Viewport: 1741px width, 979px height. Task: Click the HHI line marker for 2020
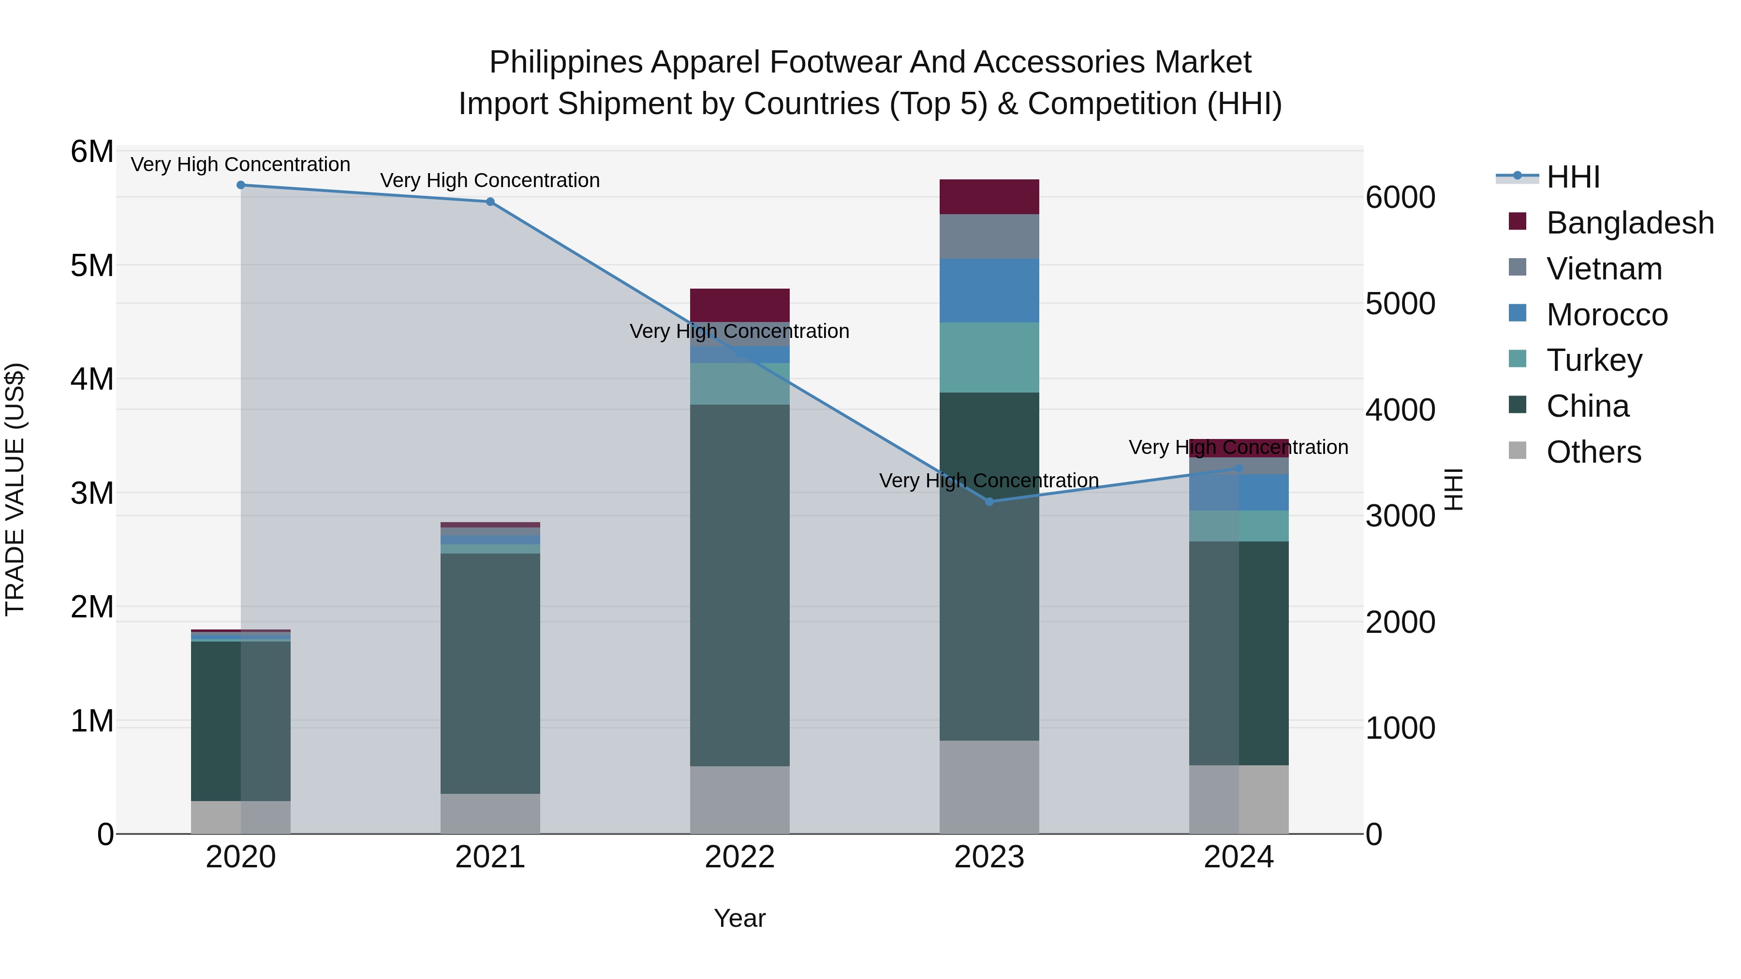[241, 185]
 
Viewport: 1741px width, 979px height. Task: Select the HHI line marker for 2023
[989, 501]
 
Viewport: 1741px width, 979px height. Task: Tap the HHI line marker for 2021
[490, 201]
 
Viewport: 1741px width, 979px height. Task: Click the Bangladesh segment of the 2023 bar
[989, 197]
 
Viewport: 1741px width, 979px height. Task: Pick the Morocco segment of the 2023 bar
[989, 291]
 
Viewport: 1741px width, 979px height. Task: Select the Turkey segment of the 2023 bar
[989, 357]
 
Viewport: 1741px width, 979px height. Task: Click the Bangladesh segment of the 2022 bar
[739, 305]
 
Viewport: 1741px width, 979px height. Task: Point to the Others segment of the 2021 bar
[490, 814]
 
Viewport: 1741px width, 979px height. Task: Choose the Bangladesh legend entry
[1629, 223]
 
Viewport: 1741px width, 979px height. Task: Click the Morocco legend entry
[1607, 315]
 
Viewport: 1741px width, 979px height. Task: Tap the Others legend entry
[1593, 452]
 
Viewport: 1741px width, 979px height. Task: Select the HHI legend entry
[1573, 177]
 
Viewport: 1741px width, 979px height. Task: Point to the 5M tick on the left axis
[92, 265]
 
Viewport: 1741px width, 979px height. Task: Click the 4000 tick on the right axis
[1400, 409]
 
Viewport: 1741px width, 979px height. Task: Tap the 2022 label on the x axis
[739, 857]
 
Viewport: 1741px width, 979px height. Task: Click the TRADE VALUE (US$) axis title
[15, 489]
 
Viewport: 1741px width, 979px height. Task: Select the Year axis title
[739, 918]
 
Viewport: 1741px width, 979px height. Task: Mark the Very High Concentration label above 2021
[490, 180]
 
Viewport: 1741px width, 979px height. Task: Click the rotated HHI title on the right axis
[1453, 489]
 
